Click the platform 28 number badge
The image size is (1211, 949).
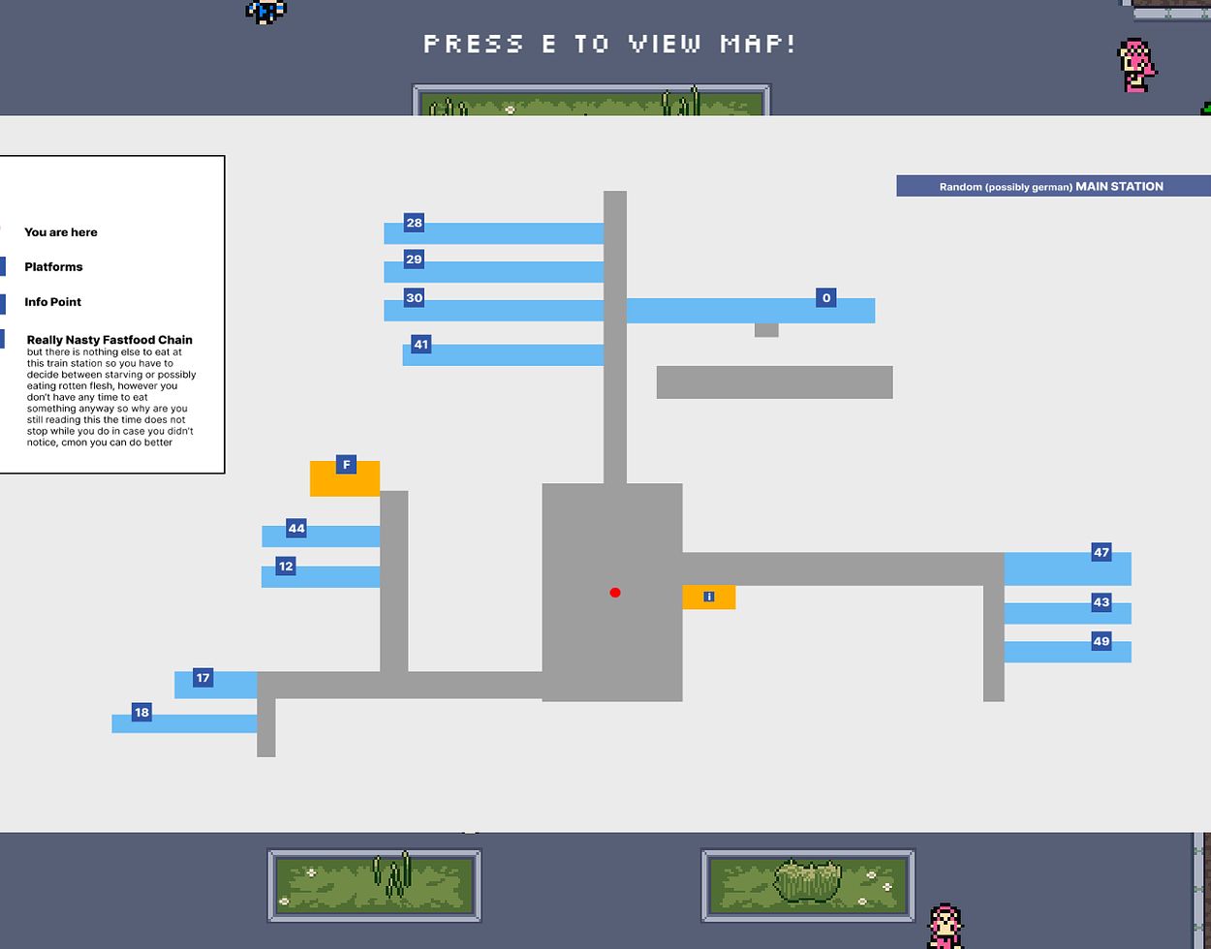coord(414,224)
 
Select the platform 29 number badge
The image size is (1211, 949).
coord(414,260)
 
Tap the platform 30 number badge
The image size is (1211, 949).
coord(414,298)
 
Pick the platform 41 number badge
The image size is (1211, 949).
coord(420,345)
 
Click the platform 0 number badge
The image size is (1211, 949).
coord(825,298)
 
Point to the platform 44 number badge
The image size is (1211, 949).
coord(296,529)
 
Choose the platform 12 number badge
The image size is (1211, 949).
coord(285,566)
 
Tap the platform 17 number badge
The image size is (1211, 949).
coord(202,678)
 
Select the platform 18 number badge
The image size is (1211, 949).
coord(141,713)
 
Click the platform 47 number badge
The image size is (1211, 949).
coord(1101,553)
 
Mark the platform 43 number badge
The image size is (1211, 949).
coord(1101,602)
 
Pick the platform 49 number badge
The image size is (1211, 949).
coord(1101,641)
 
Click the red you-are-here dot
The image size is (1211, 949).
coord(615,593)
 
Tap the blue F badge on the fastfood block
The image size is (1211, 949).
coord(347,466)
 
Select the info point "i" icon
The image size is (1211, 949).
coord(709,597)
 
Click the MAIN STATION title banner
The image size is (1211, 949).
coord(1052,186)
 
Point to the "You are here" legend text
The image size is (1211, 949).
coord(60,232)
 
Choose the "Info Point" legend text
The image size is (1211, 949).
coord(52,302)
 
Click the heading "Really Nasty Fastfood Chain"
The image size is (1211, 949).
coord(109,340)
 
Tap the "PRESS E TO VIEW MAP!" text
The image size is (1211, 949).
coord(610,44)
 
